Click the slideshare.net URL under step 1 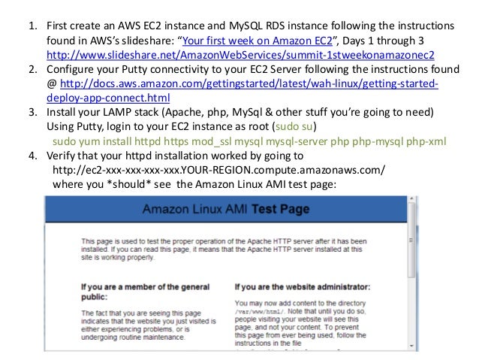[240, 56]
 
